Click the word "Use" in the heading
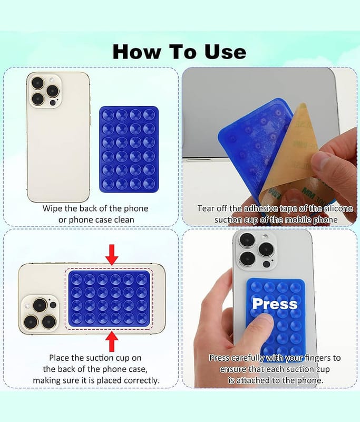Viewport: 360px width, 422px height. click(225, 52)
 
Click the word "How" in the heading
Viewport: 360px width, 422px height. click(137, 52)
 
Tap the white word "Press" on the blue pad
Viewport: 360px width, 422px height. click(275, 304)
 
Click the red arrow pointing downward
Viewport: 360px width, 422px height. click(112, 255)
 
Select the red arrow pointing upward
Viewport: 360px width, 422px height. click(112, 342)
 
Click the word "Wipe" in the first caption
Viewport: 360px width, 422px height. click(52, 208)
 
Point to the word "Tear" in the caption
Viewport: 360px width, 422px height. click(207, 208)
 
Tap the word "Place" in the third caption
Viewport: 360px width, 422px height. click(59, 358)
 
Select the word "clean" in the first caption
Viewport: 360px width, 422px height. click(124, 220)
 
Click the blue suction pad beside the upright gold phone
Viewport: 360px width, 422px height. click(129, 149)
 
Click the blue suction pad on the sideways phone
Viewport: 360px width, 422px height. click(109, 299)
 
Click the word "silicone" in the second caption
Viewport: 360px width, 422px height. click(338, 208)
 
